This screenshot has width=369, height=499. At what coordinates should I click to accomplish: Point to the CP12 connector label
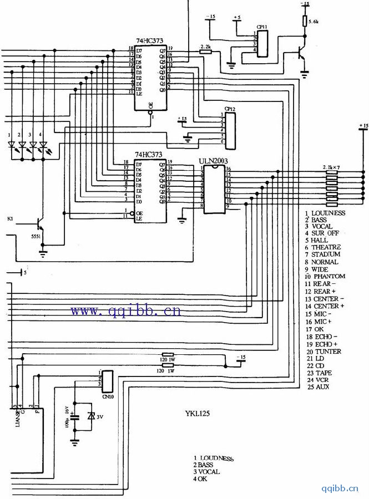pos(230,109)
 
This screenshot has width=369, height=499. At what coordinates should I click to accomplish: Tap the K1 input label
pos(11,218)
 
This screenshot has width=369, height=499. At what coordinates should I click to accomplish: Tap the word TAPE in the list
pos(323,373)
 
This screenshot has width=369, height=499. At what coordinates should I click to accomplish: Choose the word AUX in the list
pos(322,387)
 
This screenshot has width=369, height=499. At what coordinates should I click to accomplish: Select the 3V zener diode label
pos(101,417)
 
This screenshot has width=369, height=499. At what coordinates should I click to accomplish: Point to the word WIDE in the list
pos(320,269)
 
